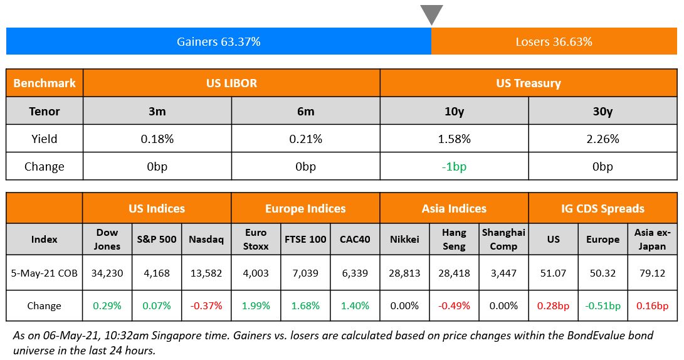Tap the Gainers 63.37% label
(218, 42)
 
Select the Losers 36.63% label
(554, 42)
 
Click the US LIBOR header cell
(231, 83)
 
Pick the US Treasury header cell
(528, 83)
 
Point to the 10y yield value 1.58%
(454, 139)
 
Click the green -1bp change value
(454, 166)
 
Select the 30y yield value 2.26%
(602, 139)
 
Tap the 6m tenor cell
(305, 111)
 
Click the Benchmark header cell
(45, 83)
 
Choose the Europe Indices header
(305, 208)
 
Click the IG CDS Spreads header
(602, 208)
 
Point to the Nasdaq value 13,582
(206, 273)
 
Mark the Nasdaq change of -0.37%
(206, 306)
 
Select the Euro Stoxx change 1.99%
(256, 306)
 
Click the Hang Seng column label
(454, 239)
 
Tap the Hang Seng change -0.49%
(454, 306)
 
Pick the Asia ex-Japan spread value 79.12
(652, 273)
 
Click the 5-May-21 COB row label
(45, 273)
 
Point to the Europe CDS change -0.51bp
(602, 306)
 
